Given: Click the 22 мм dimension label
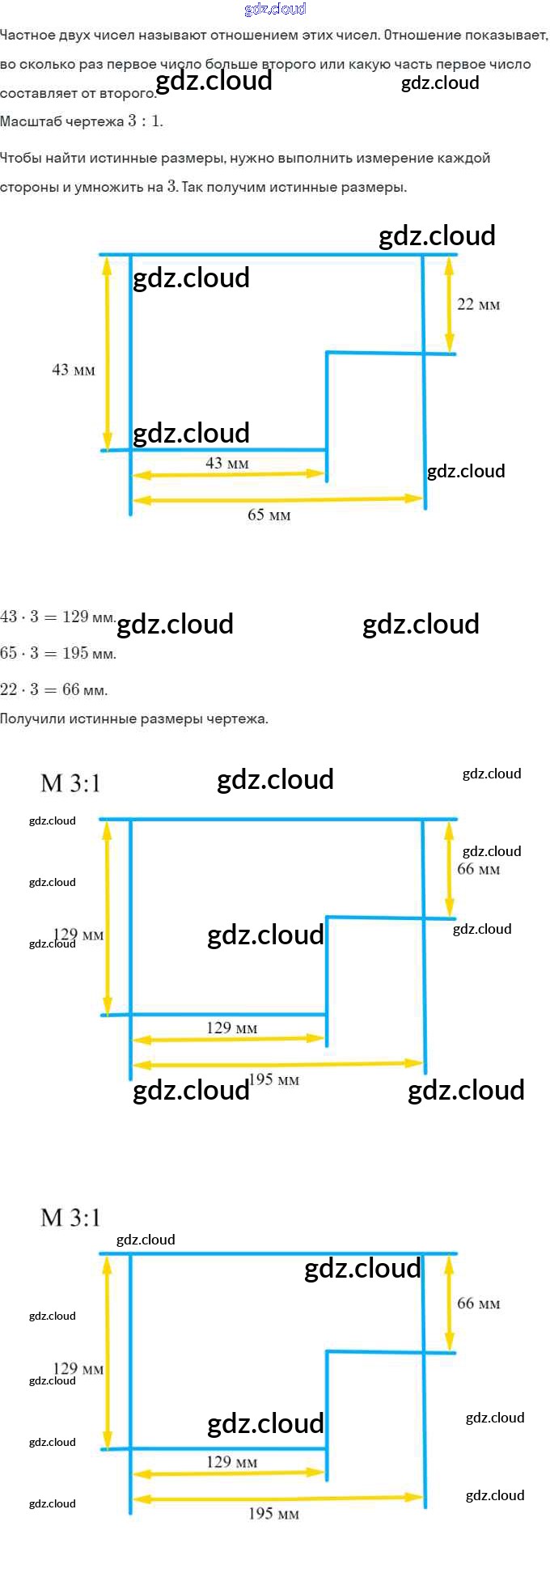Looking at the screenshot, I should (x=478, y=305).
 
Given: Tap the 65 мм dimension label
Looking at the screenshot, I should (x=269, y=515).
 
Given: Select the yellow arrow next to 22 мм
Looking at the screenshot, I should (x=450, y=304).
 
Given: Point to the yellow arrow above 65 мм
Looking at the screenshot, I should (x=277, y=499).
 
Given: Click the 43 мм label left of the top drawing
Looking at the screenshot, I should (x=73, y=370).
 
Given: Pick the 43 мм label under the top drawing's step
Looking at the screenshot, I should (x=226, y=464).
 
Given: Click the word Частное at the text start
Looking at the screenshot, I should (x=29, y=36).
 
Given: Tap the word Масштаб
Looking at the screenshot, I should (x=31, y=121).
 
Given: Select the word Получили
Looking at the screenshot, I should (x=33, y=719).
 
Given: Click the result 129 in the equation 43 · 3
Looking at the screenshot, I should (x=75, y=617).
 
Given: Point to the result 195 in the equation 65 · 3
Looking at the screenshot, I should (x=75, y=653).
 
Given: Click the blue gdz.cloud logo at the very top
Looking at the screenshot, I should (x=275, y=9).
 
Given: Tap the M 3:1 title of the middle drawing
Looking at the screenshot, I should (x=70, y=783).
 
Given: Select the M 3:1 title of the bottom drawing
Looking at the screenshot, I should (x=70, y=1217).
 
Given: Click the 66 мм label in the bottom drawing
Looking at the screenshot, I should (x=478, y=1304).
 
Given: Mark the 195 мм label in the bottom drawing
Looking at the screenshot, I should (x=273, y=1514).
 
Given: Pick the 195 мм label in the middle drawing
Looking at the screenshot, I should (x=273, y=1080).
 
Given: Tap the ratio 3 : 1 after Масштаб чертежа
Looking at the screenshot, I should (x=145, y=121).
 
